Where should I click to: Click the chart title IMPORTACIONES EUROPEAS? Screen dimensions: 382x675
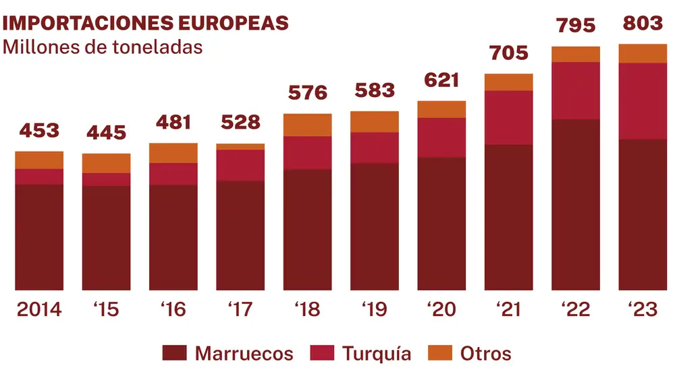[146, 22]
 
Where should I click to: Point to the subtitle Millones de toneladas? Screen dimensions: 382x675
[103, 49]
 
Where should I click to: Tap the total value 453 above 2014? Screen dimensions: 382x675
[39, 131]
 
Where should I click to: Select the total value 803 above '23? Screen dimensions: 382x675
[643, 23]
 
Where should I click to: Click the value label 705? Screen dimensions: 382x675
[508, 53]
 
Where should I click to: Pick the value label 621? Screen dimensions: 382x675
[441, 80]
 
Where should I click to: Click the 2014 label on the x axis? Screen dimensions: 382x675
[39, 309]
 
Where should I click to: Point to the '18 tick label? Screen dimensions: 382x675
[307, 309]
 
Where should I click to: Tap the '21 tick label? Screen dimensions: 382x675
[508, 309]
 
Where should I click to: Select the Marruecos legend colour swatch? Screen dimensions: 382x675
[175, 353]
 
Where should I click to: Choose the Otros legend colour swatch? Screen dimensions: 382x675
[439, 353]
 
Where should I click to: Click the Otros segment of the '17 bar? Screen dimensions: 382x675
[240, 146]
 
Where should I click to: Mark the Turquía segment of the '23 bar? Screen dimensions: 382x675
[643, 101]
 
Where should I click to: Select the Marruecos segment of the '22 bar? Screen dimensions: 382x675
[576, 205]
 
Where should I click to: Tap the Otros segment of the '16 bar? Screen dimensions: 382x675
[173, 153]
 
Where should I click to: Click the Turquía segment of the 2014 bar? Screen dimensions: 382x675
[39, 177]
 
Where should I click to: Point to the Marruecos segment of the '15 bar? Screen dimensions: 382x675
[107, 238]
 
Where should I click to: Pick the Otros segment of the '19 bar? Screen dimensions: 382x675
[375, 122]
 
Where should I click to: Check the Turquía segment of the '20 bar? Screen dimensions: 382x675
[441, 137]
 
